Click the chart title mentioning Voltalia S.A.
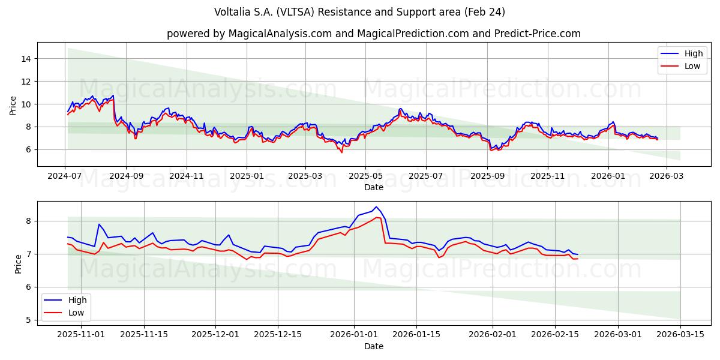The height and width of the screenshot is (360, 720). click(359, 12)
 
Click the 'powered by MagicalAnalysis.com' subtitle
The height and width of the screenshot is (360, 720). click(373, 34)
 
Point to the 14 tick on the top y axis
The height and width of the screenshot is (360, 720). click(26, 59)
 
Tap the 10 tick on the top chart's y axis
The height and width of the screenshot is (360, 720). click(26, 104)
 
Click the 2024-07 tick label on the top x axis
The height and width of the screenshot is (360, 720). click(65, 176)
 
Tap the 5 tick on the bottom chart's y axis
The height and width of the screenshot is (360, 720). click(27, 320)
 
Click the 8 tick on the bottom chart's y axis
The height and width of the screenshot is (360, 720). click(27, 221)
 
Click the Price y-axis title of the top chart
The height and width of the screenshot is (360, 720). click(13, 104)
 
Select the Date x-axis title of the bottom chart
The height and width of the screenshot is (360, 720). click(373, 346)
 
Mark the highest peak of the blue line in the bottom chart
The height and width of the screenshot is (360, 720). click(376, 207)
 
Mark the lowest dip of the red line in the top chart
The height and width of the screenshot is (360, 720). click(342, 152)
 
